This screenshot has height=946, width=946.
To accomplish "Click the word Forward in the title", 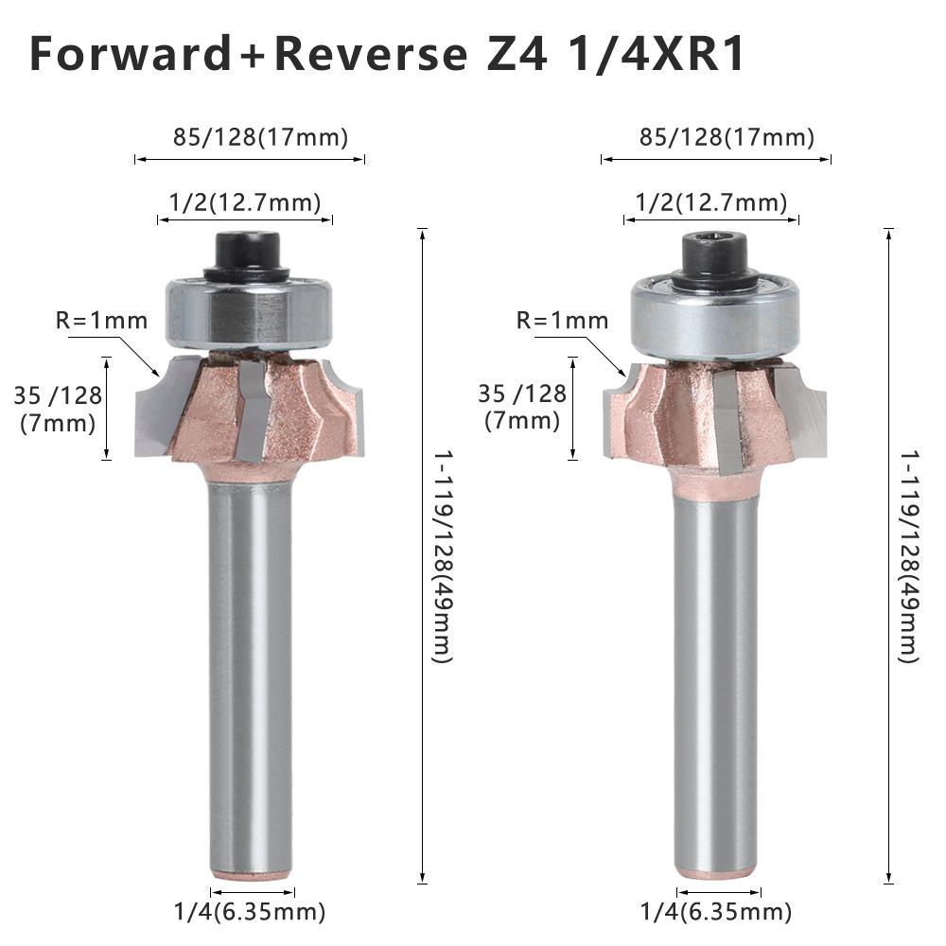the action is point(130,54).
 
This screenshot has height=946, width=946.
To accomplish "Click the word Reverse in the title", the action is point(371,54).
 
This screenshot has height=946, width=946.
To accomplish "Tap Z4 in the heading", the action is point(516,54).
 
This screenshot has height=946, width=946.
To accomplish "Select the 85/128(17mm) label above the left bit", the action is point(261,137).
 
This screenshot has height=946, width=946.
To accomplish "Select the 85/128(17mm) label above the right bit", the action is point(727,137).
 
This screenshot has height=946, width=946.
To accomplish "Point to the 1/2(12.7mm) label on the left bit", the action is point(245,202).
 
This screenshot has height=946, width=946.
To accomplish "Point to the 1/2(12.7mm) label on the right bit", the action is point(711,202).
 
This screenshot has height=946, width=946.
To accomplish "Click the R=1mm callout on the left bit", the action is point(101,321).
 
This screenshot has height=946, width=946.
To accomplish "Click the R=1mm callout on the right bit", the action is point(562,321).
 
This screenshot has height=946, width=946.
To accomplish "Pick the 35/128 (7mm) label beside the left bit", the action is point(58,409).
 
